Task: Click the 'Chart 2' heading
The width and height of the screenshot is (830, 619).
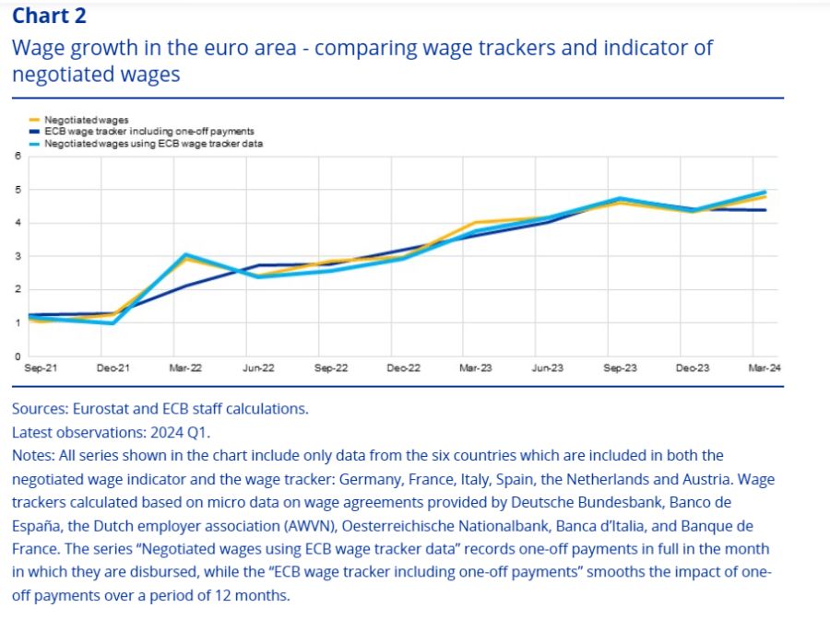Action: [50, 16]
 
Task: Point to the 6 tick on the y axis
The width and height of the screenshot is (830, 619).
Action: [18, 156]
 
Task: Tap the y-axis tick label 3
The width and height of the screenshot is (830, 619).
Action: [18, 256]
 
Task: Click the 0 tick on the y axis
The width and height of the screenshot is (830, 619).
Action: [18, 356]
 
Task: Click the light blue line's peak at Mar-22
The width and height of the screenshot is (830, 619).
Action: [185, 254]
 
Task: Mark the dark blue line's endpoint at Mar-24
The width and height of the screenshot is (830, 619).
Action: [765, 210]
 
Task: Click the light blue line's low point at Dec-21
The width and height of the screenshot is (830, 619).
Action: [112, 323]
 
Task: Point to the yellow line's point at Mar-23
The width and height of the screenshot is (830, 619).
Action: [476, 223]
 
